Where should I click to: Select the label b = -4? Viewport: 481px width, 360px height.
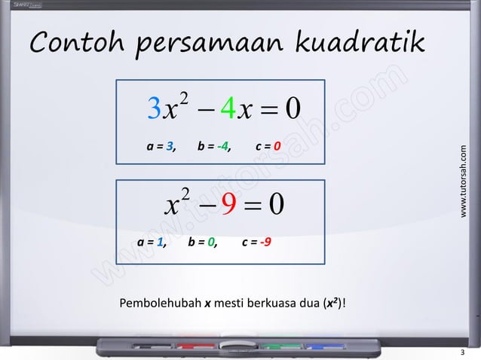pos(214,146)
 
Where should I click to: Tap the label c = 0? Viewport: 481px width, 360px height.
pos(268,146)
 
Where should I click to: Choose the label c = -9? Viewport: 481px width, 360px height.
pos(257,243)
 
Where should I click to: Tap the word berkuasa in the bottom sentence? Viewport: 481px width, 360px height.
pos(294,304)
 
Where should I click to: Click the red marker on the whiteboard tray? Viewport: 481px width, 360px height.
pos(198,345)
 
